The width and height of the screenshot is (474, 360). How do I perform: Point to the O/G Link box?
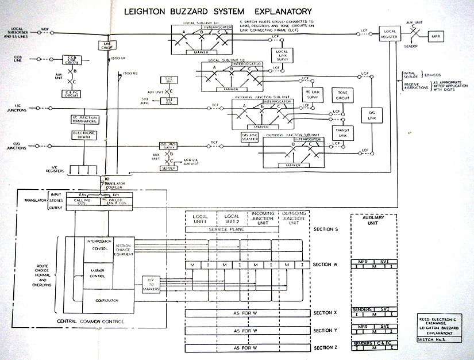(x=368, y=115)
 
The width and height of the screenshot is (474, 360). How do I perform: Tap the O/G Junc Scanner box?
(x=249, y=137)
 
